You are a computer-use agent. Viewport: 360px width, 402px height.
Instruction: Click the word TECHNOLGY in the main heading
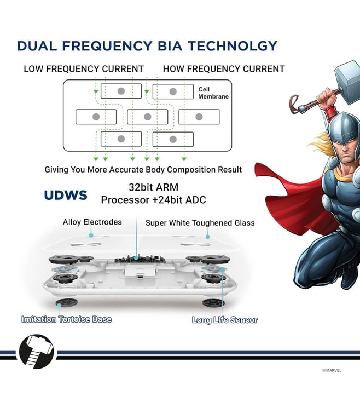click(x=232, y=46)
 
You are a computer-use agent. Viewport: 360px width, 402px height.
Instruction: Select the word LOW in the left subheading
click(x=33, y=69)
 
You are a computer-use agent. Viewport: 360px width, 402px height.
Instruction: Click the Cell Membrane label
click(x=213, y=93)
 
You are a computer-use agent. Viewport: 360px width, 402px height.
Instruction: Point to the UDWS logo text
click(x=66, y=195)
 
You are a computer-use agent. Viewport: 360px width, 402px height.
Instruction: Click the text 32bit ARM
click(x=153, y=187)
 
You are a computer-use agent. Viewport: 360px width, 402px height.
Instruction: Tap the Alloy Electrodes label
click(x=92, y=222)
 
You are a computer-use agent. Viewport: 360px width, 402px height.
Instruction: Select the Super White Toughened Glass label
click(x=200, y=223)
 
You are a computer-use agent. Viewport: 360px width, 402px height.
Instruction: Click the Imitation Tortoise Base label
click(x=66, y=319)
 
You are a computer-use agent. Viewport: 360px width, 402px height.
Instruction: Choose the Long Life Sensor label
click(x=225, y=320)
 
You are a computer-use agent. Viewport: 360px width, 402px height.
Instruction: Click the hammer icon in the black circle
click(x=37, y=352)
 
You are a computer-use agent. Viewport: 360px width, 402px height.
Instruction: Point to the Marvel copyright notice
click(x=332, y=370)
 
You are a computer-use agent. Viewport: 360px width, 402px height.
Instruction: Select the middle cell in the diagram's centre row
click(x=148, y=117)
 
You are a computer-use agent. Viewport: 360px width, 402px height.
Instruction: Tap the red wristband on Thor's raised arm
click(x=331, y=112)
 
